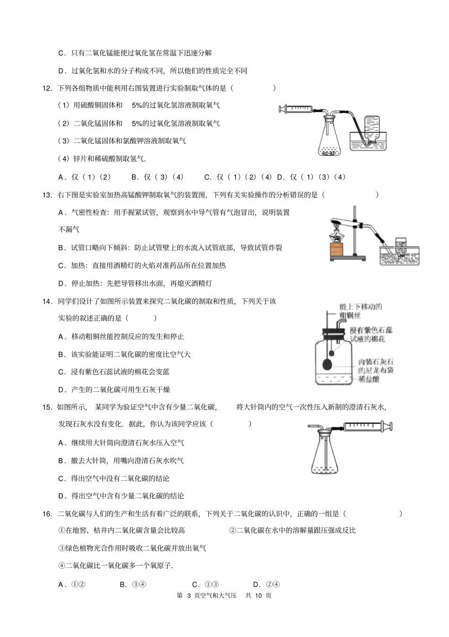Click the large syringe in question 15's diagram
click(366, 426)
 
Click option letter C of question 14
click(61, 372)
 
